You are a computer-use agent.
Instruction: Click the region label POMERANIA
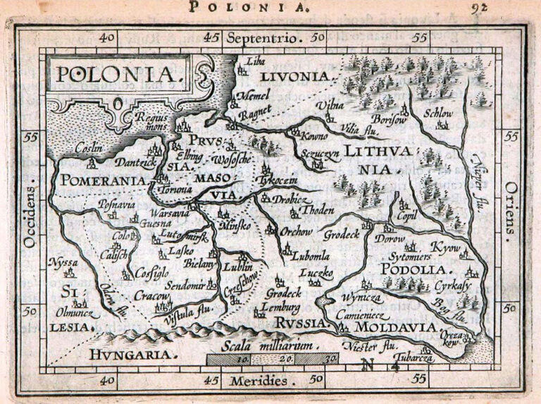pyautogui.click(x=103, y=180)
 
